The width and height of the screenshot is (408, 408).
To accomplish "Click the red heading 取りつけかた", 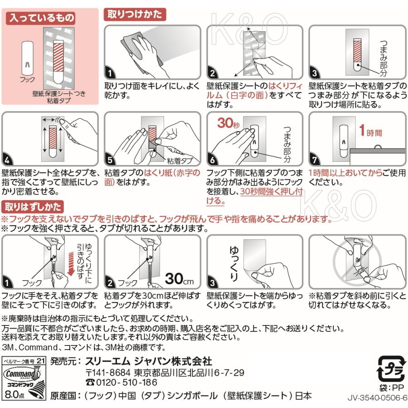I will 134,14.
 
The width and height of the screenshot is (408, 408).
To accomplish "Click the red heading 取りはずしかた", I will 34,207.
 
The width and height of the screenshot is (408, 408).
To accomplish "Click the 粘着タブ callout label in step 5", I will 180,160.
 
